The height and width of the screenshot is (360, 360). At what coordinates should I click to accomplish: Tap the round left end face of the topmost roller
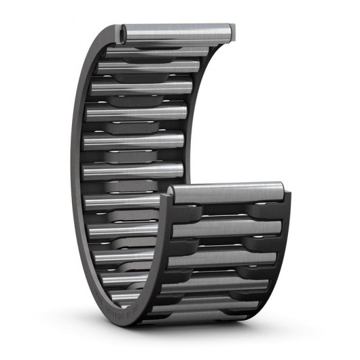click(x=124, y=31)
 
